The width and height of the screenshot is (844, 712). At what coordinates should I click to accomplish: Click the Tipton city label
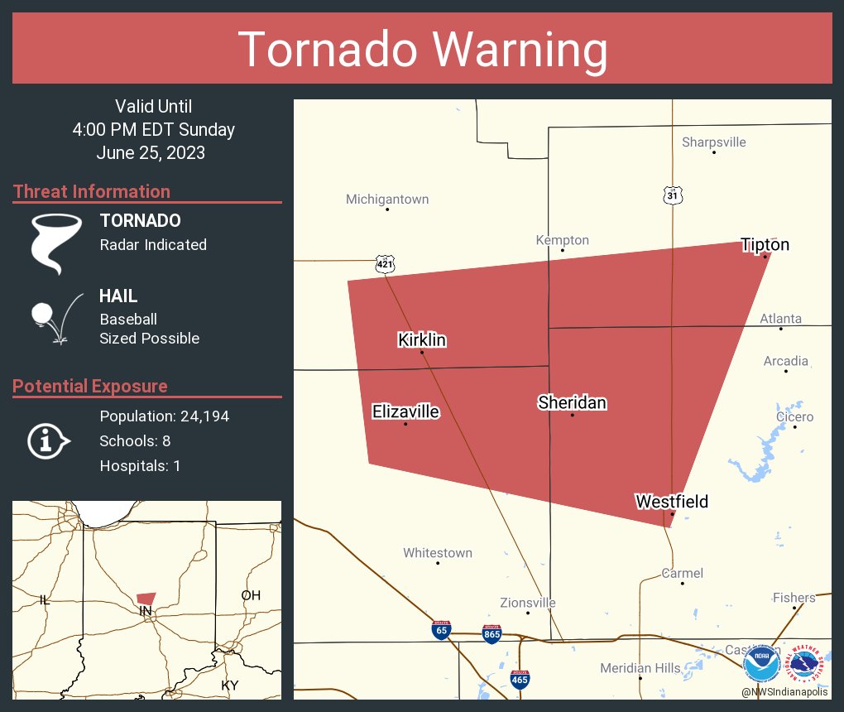(765, 244)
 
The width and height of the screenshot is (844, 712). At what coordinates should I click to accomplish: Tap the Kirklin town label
(422, 339)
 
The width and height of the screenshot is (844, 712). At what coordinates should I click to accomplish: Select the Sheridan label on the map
(572, 402)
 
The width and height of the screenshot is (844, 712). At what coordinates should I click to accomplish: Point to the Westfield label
(671, 501)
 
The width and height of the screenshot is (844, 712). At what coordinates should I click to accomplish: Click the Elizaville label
(405, 411)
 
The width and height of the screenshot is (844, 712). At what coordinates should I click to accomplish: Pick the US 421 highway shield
(385, 264)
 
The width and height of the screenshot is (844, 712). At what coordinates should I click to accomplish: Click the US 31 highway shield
(673, 195)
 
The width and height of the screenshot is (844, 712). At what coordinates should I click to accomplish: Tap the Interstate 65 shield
(441, 630)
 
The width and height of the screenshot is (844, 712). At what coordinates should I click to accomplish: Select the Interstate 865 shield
(492, 635)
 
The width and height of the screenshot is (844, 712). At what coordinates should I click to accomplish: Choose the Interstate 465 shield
(520, 680)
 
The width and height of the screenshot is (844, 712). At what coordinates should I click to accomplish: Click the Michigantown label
(387, 200)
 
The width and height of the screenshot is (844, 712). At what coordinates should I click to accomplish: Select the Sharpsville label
(713, 142)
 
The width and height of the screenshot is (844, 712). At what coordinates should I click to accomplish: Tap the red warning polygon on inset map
(146, 598)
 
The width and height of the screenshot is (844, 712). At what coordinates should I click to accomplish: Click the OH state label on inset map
(250, 595)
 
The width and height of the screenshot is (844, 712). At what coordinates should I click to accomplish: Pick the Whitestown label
(438, 552)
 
